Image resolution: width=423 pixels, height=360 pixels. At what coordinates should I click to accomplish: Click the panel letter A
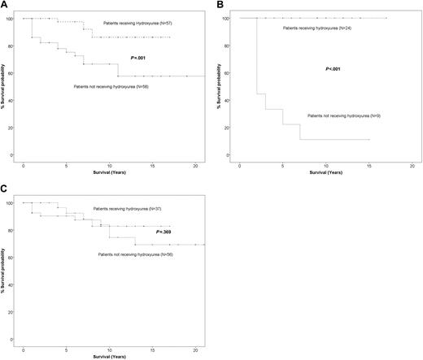4,5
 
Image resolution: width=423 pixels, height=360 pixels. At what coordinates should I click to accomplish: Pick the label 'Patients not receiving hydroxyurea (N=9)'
344,116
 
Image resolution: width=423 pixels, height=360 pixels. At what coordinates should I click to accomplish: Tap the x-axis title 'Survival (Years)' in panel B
325,171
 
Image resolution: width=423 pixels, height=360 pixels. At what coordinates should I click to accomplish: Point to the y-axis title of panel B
223,86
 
